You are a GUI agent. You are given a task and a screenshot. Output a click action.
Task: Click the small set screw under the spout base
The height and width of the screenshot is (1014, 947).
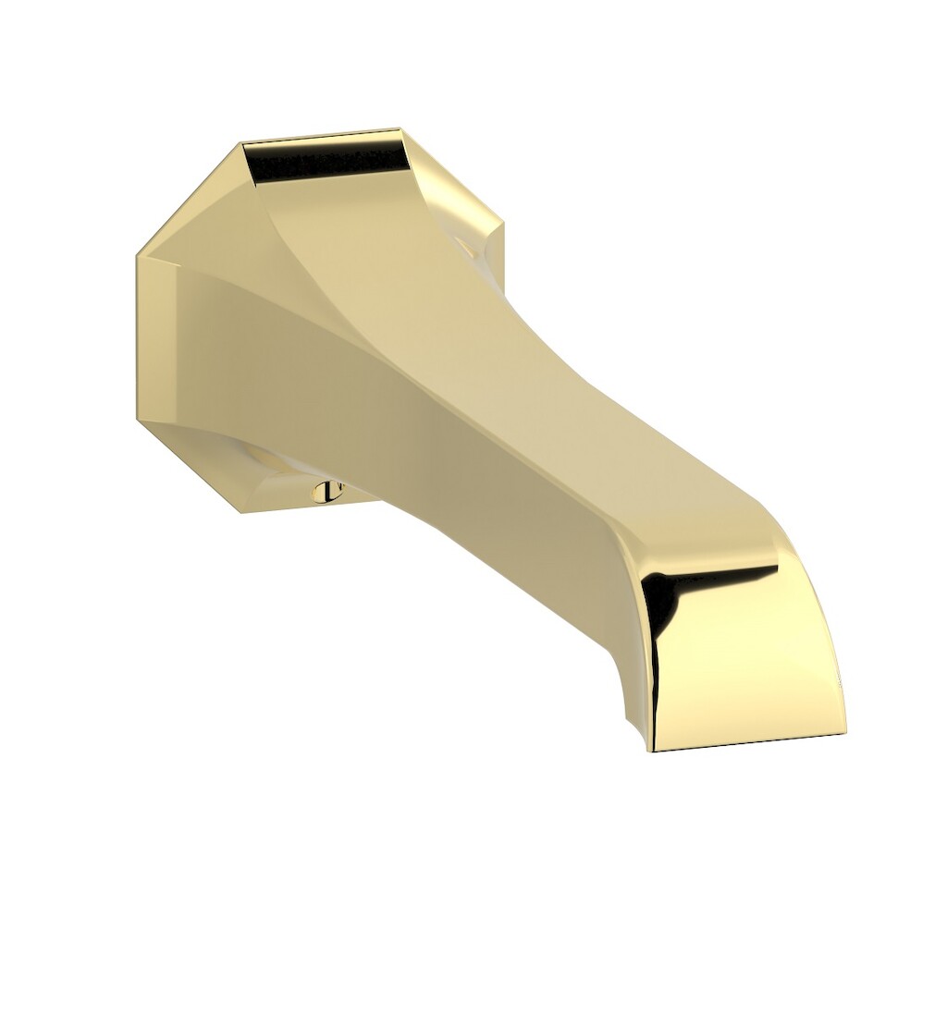(326, 492)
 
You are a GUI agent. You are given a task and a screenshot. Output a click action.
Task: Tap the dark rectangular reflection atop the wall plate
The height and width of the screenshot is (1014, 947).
(329, 163)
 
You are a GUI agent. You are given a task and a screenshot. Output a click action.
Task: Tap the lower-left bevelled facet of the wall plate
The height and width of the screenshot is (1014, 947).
(185, 462)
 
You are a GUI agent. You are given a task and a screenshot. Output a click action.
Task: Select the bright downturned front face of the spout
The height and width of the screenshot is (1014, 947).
(749, 656)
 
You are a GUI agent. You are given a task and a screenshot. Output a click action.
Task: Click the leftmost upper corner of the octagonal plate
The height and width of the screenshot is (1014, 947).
(138, 254)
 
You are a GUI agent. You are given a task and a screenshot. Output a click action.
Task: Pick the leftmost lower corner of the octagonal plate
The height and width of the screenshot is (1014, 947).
(138, 421)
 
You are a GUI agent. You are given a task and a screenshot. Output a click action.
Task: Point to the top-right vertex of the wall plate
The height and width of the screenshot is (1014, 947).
(400, 129)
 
